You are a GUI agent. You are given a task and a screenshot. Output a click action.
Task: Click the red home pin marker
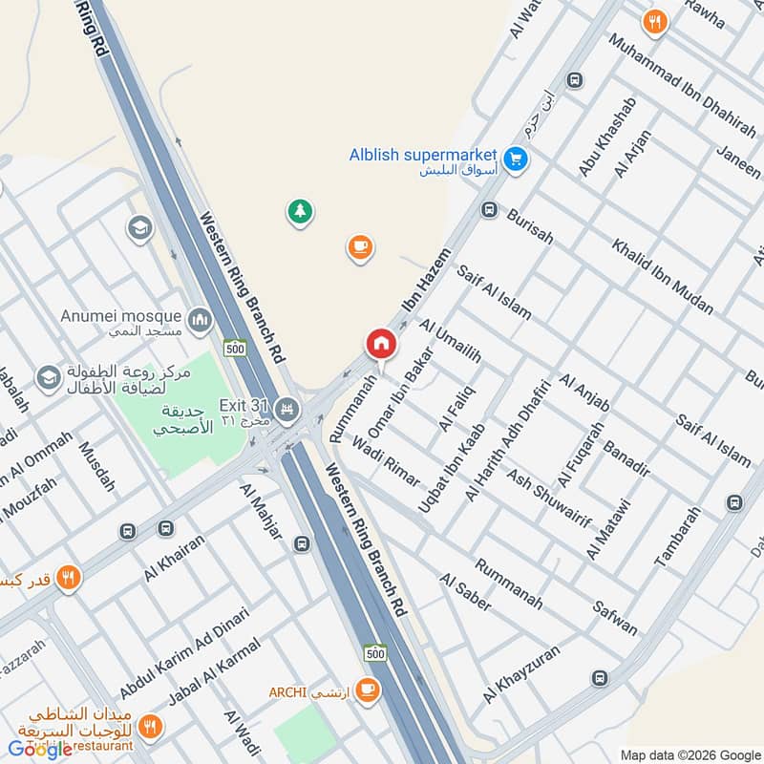click(380, 345)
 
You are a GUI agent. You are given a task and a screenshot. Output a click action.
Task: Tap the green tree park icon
click(301, 212)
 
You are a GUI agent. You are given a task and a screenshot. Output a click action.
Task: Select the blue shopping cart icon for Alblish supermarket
click(516, 159)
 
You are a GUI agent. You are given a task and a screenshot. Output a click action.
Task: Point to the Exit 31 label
click(244, 406)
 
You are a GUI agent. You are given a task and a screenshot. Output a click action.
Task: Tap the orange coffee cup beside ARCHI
click(367, 689)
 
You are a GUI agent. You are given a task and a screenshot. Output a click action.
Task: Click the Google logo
click(40, 750)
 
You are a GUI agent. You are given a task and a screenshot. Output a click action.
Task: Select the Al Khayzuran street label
click(520, 674)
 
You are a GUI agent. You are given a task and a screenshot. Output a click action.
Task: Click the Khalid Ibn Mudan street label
click(663, 276)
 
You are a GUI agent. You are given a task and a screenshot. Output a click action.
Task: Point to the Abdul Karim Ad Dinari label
click(184, 653)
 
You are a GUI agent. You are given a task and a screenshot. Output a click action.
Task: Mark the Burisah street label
click(530, 226)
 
